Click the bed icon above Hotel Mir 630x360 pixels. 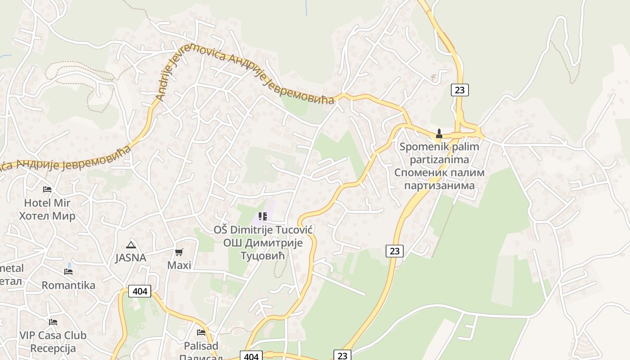(x=47, y=189)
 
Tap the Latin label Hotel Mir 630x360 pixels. (x=47, y=202)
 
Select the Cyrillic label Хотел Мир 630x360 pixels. (x=47, y=216)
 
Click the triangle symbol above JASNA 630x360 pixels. (x=131, y=245)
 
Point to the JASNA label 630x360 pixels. (x=130, y=258)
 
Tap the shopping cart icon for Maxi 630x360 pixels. (x=179, y=252)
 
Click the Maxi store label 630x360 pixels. (x=179, y=265)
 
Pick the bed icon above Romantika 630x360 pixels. (x=68, y=272)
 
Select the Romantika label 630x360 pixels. (x=68, y=285)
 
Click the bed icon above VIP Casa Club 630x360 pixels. (x=53, y=322)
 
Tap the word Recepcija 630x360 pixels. (x=53, y=348)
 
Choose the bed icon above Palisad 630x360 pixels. (x=201, y=333)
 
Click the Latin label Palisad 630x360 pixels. (x=201, y=346)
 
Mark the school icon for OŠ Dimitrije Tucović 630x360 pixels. (x=263, y=216)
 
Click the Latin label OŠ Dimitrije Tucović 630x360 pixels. (x=263, y=229)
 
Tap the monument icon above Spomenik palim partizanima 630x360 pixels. (x=439, y=134)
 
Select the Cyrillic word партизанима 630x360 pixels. (x=439, y=185)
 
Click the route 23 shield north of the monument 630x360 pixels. (x=459, y=90)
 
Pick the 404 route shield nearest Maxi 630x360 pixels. (x=140, y=291)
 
